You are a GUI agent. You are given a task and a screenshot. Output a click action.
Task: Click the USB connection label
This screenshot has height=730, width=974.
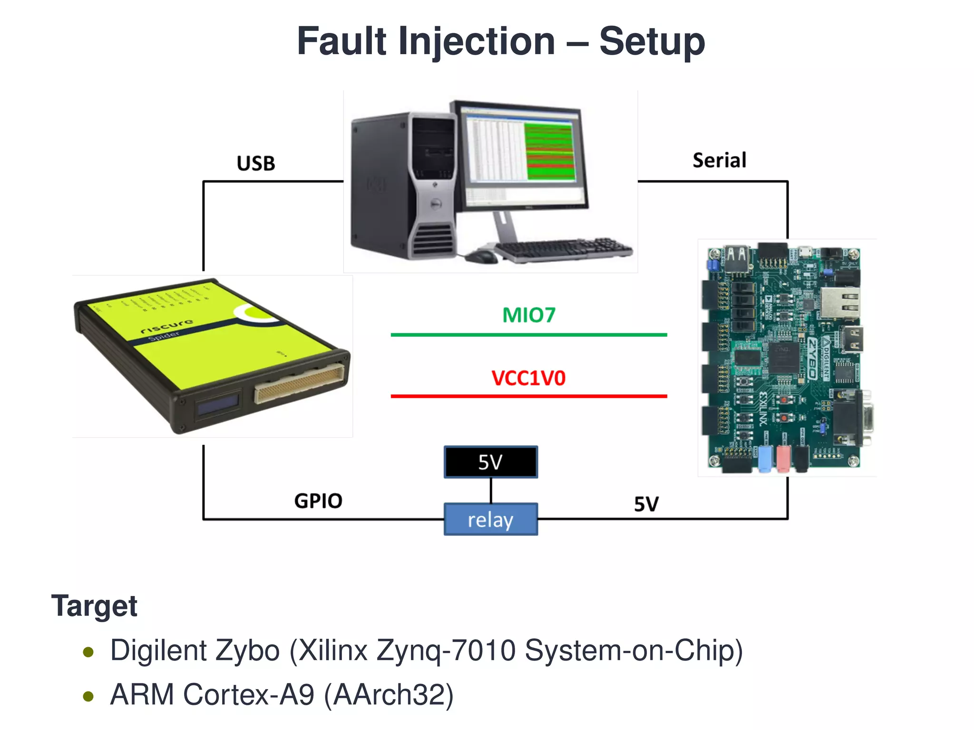point(256,163)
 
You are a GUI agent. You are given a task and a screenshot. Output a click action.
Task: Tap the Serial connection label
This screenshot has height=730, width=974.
point(719,161)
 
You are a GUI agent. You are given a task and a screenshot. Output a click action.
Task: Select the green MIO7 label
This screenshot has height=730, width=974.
point(529,315)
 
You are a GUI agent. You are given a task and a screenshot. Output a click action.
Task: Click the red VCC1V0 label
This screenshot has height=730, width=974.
point(528,378)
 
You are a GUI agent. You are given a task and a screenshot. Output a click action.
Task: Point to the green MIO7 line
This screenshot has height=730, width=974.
point(529,335)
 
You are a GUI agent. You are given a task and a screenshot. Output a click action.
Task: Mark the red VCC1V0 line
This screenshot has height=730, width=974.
point(529,396)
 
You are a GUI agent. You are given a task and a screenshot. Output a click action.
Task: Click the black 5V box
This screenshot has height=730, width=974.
point(491,462)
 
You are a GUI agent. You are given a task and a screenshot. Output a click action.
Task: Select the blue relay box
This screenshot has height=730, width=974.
point(491,519)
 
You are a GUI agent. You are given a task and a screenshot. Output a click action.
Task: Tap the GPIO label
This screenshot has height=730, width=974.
point(318,501)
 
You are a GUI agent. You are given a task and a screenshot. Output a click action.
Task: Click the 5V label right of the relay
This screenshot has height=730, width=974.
point(646,504)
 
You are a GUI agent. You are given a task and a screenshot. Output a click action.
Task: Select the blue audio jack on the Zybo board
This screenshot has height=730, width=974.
point(764,458)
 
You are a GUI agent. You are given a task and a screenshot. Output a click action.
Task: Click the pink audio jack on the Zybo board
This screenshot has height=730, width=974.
point(783,458)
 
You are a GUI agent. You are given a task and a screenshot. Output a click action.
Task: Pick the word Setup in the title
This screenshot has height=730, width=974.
point(652,42)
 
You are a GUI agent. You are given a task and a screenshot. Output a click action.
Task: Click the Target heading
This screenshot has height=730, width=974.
point(94,606)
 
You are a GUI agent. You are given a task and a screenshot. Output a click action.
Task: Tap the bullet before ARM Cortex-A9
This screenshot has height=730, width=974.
point(88,696)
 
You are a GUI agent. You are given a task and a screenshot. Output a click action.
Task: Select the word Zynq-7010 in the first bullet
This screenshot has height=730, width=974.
point(446,651)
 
